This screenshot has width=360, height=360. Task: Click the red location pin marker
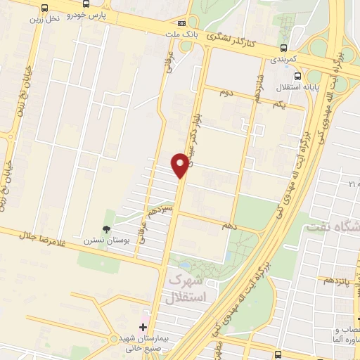[181, 165]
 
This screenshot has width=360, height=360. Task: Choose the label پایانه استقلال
[298, 87]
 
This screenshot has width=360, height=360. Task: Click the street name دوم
[226, 92]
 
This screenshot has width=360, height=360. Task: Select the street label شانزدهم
[258, 87]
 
